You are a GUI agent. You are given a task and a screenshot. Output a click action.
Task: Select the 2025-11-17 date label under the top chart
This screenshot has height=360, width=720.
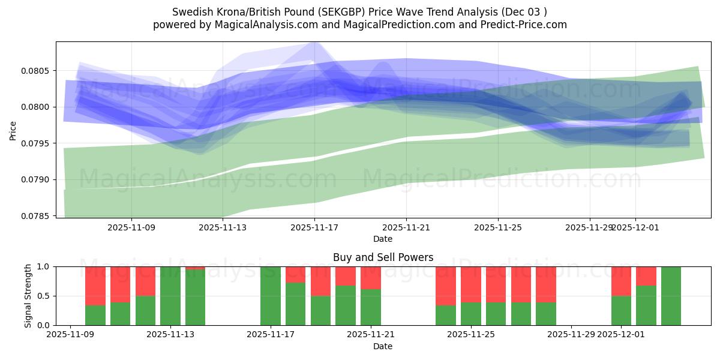pyautogui.click(x=314, y=227)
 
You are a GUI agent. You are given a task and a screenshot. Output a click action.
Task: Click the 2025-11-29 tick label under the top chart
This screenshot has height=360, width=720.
pyautogui.click(x=589, y=227)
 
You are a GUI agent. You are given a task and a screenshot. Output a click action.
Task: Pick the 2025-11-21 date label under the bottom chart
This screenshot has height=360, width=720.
pyautogui.click(x=370, y=334)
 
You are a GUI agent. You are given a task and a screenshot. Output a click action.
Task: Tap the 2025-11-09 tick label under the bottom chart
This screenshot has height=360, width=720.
pyautogui.click(x=71, y=334)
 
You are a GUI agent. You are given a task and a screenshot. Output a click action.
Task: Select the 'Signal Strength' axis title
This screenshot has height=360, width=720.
pyautogui.click(x=28, y=295)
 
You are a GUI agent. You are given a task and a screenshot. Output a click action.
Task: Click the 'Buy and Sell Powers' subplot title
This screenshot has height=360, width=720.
pyautogui.click(x=383, y=257)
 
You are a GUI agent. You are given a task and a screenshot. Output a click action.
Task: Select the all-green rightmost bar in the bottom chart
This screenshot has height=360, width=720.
pyautogui.click(x=671, y=296)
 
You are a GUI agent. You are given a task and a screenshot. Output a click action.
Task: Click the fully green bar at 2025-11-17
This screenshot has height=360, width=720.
pyautogui.click(x=271, y=296)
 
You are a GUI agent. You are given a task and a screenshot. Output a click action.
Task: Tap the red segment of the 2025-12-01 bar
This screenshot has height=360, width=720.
pyautogui.click(x=621, y=281)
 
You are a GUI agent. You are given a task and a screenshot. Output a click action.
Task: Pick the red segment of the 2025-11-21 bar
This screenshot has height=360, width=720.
pyautogui.click(x=370, y=278)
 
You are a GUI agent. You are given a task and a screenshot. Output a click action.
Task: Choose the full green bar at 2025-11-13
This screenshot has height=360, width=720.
pyautogui.click(x=170, y=296)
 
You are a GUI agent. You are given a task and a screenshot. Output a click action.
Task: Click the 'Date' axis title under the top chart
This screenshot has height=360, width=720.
pyautogui.click(x=383, y=239)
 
